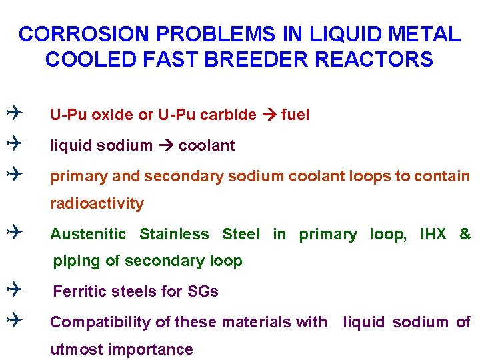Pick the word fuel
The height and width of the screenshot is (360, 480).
click(x=295, y=115)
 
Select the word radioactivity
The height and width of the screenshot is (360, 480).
click(x=97, y=203)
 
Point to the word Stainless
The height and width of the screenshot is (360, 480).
click(x=174, y=234)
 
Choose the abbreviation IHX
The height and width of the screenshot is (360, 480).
click(x=433, y=234)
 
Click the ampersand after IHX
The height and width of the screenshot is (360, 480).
click(x=465, y=234)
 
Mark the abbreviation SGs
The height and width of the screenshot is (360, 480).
click(x=203, y=291)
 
